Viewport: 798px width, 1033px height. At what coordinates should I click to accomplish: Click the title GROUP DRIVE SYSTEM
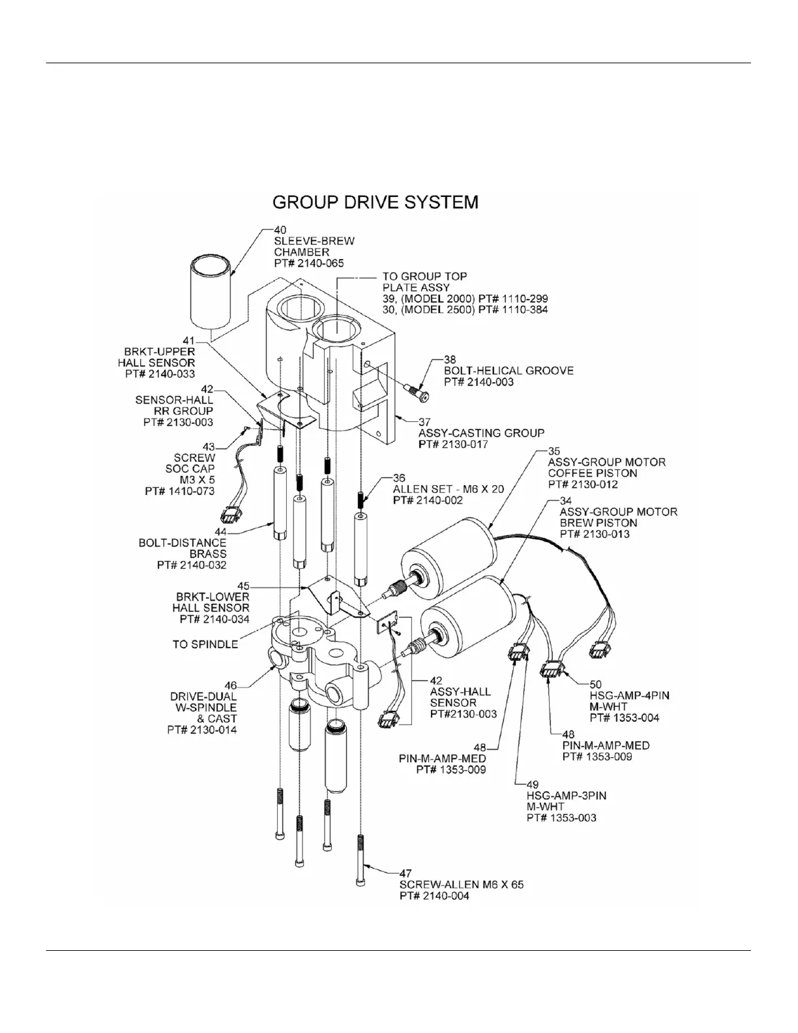375,202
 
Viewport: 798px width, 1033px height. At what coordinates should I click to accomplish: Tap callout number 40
280,230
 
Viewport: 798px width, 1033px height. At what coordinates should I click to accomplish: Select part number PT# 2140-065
308,263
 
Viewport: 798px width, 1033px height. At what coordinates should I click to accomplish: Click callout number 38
450,359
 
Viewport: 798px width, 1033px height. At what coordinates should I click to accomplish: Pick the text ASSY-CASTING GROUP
481,433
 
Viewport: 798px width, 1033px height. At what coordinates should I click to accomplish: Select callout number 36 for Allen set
399,478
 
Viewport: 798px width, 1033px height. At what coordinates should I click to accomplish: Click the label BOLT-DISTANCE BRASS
183,548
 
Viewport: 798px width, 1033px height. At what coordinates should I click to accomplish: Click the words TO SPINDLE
205,644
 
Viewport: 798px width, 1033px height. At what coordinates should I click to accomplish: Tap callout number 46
230,685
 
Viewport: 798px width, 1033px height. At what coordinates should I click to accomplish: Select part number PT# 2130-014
202,730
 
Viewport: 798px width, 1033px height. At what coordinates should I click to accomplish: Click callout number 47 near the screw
406,873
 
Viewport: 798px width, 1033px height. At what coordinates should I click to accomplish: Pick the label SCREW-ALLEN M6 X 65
461,885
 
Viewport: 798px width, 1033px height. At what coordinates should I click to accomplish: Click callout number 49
533,785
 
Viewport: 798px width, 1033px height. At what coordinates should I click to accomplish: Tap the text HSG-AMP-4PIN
629,696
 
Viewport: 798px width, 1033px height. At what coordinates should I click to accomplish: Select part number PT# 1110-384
512,310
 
